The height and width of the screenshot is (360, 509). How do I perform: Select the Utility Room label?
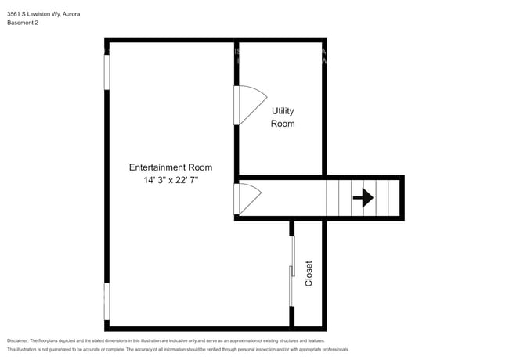[x=283, y=117]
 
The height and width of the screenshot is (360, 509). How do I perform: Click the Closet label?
[x=309, y=273]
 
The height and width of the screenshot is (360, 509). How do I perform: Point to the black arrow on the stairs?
[x=363, y=198]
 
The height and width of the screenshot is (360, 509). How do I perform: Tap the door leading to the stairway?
[x=246, y=199]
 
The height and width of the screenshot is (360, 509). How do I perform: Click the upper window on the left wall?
[x=107, y=70]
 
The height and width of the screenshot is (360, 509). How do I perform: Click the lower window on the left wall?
[x=107, y=301]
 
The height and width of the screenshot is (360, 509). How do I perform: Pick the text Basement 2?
[x=23, y=23]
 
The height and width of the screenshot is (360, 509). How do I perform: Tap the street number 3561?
[x=14, y=13]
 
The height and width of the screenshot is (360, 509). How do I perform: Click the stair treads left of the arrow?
[x=338, y=198]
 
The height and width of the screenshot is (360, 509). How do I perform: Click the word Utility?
[x=283, y=111]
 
